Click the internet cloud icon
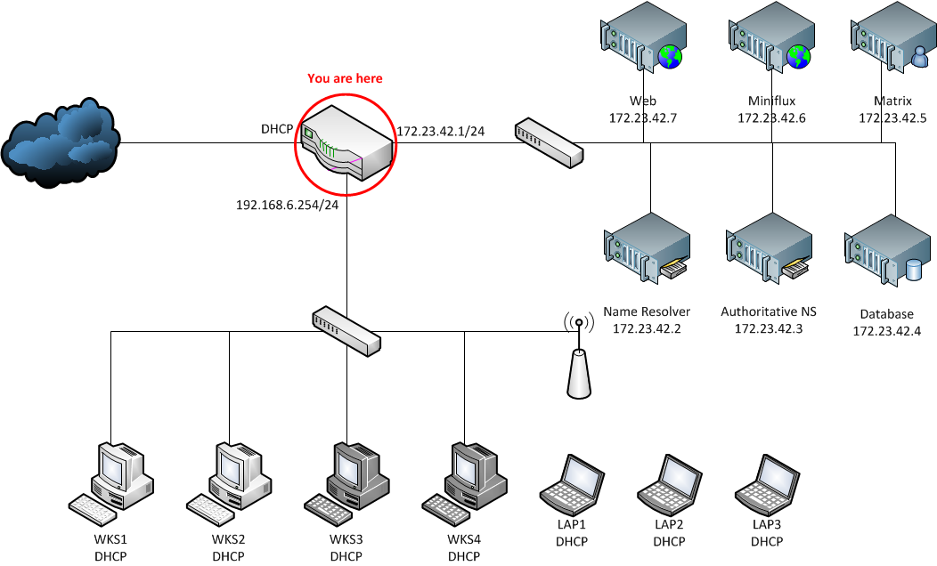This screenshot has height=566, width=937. (61, 142)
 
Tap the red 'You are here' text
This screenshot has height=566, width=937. (345, 78)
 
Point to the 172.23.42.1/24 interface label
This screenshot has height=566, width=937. (440, 131)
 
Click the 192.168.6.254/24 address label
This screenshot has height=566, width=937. (287, 205)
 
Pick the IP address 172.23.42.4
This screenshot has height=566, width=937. (886, 331)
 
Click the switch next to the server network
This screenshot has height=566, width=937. (549, 142)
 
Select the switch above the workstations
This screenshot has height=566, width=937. (346, 330)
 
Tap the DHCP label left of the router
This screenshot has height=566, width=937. (277, 130)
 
